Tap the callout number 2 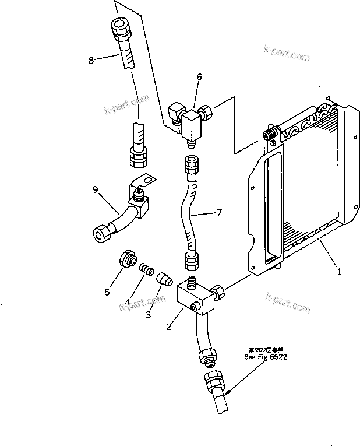pyautogui.click(x=169, y=327)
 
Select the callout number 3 pyautogui.click(x=148, y=314)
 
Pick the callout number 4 pyautogui.click(x=126, y=302)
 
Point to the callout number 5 pyautogui.click(x=107, y=292)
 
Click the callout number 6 pyautogui.click(x=199, y=77)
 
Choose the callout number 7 pyautogui.click(x=219, y=213)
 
